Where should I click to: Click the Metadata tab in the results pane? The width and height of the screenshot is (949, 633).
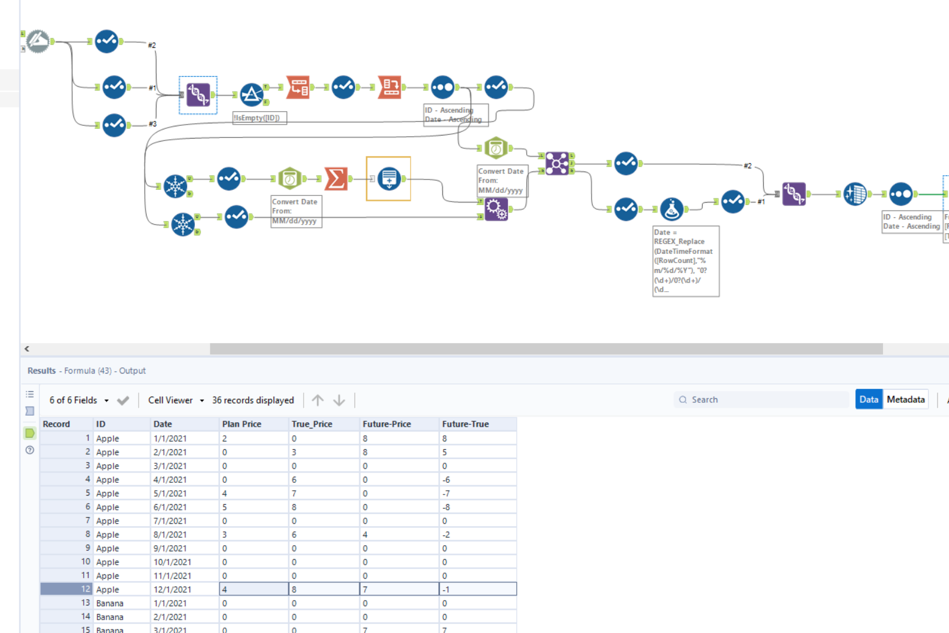click(x=906, y=399)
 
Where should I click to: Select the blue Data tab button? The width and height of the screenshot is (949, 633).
click(x=868, y=399)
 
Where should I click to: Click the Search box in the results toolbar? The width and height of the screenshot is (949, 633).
click(x=764, y=399)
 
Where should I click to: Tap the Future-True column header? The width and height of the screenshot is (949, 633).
click(x=465, y=424)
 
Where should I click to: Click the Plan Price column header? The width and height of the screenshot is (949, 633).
click(x=241, y=424)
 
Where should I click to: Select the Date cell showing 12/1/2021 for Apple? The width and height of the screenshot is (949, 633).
click(x=172, y=589)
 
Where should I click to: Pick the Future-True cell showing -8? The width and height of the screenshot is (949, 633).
click(x=446, y=507)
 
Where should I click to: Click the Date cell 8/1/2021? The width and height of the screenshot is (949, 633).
click(x=170, y=534)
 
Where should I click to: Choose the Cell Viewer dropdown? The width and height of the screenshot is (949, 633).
click(x=175, y=400)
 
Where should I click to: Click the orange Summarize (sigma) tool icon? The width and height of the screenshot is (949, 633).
click(x=335, y=178)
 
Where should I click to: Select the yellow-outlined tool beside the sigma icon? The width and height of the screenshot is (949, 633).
click(x=389, y=178)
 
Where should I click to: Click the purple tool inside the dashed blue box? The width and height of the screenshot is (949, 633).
click(x=198, y=95)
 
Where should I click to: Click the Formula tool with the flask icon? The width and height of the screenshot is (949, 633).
click(x=671, y=209)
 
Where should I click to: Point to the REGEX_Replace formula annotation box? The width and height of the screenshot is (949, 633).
click(x=685, y=261)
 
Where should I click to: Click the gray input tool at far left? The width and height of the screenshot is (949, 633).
click(x=37, y=42)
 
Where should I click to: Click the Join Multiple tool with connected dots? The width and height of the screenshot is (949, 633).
click(x=557, y=164)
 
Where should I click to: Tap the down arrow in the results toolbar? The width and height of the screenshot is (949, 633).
click(x=339, y=400)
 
